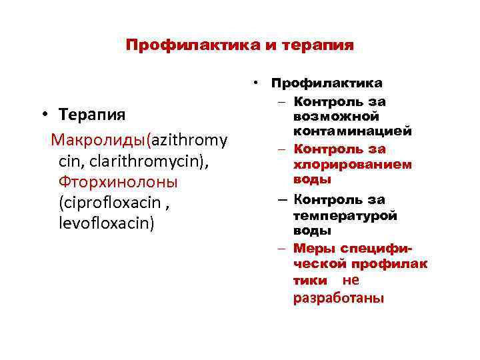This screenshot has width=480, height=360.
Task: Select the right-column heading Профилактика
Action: pos(326,83)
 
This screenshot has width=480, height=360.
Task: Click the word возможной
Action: pos(331,116)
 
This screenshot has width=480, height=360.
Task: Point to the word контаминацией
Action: pos(351,131)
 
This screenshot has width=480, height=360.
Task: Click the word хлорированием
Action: pos(352,164)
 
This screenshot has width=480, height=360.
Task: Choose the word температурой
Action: pos(345,215)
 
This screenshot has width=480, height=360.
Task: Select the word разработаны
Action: pos(339,297)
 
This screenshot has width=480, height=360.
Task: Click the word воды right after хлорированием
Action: pos(311,179)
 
